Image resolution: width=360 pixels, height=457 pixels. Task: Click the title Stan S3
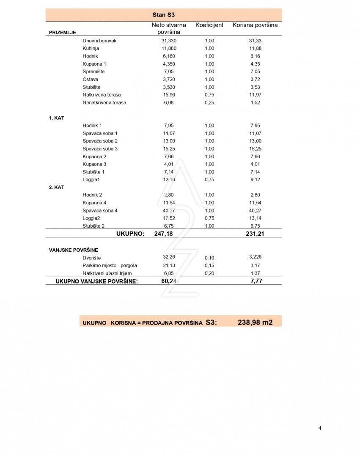coord(163,15)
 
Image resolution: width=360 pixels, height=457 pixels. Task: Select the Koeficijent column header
coord(209,25)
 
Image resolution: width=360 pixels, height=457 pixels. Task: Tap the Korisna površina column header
coord(255,25)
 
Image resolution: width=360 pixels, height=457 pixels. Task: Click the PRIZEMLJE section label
coord(63,32)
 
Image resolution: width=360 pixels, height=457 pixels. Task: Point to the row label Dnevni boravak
coord(99,41)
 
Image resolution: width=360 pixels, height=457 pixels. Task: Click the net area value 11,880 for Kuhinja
coord(169,48)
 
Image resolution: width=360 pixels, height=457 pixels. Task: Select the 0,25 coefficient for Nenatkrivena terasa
coord(209,102)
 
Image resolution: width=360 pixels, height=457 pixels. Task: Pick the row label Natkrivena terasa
coord(102,95)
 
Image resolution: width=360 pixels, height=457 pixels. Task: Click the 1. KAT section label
coord(57,118)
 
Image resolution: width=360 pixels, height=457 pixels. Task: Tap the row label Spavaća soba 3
coord(100,149)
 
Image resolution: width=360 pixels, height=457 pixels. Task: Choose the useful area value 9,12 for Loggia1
coord(255,179)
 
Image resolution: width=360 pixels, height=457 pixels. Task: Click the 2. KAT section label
coord(57,187)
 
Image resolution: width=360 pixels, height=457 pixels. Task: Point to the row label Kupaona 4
coord(95,203)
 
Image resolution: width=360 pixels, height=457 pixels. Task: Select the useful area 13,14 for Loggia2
coord(255,218)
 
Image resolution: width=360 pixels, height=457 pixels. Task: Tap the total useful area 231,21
coord(255,234)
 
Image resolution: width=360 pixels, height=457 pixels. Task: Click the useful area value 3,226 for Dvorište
coord(255,257)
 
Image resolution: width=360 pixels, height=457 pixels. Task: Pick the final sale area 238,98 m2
coord(255,322)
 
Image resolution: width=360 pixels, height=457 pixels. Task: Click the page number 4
coord(320,428)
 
